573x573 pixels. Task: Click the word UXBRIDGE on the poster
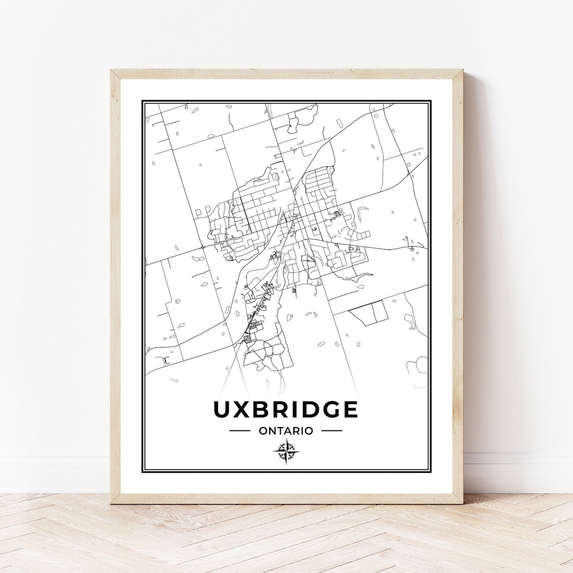pos(285,410)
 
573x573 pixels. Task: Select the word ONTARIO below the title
pos(285,431)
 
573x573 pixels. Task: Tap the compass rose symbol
pos(286,452)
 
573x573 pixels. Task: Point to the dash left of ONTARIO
pos(240,431)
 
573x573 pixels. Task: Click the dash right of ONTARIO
pos(332,431)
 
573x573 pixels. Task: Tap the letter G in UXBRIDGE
pos(328,410)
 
